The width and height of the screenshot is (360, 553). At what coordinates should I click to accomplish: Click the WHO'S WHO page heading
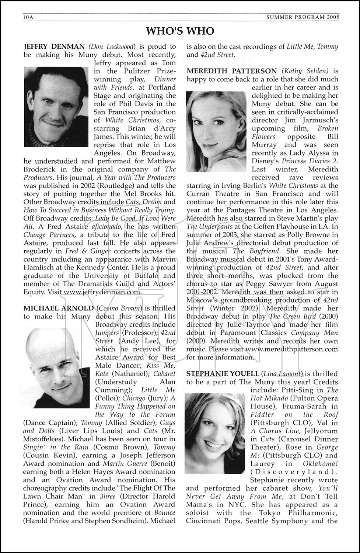coord(180,31)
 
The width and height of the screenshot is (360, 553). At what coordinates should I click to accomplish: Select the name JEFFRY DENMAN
coord(54,46)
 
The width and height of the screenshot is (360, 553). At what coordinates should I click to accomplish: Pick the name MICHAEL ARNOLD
coord(58,308)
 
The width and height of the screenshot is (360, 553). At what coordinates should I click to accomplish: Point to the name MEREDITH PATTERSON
coord(232,71)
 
